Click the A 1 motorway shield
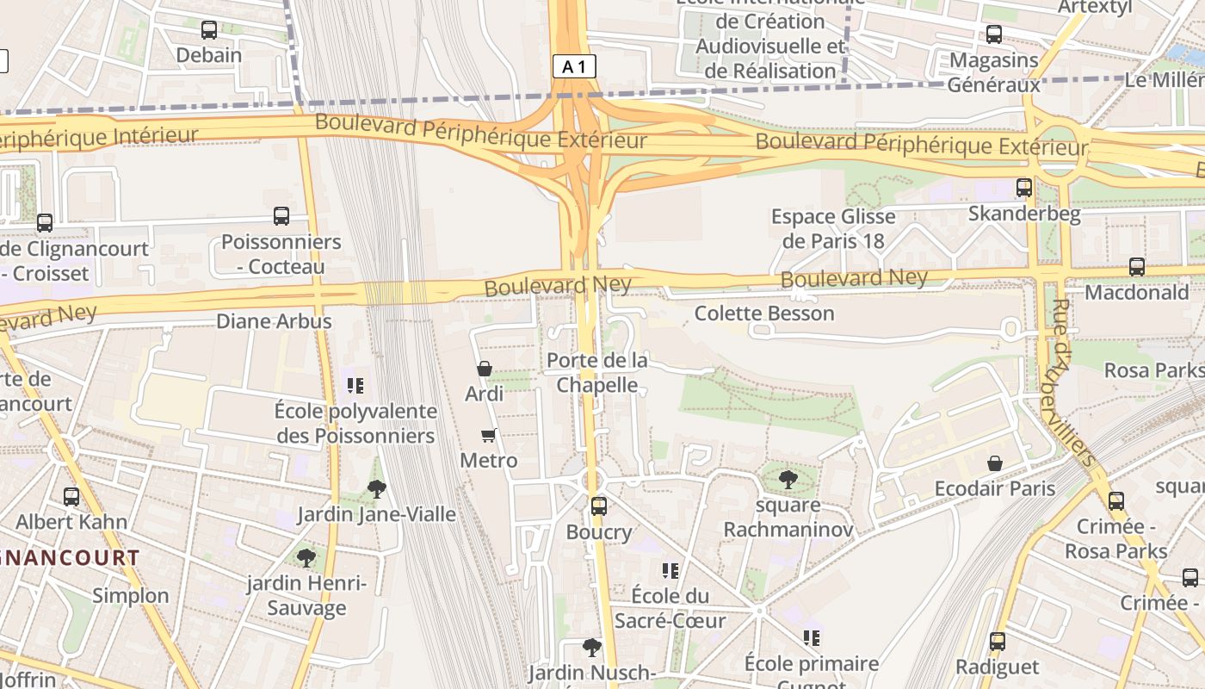[574, 66]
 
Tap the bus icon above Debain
[209, 30]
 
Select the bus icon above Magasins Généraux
[994, 34]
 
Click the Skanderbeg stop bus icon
[1024, 187]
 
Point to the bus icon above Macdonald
[1137, 267]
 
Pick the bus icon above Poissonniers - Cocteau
[281, 216]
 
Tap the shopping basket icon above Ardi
[485, 369]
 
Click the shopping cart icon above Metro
[489, 435]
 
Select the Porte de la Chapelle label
[597, 372]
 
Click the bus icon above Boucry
[599, 506]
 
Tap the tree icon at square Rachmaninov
[788, 479]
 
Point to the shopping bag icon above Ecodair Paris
[995, 463]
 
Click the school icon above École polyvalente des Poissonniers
[355, 385]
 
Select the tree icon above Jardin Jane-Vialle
[376, 489]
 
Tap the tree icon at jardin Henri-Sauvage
[306, 558]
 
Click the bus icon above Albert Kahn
[71, 496]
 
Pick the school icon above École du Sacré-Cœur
[670, 570]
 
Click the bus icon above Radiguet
[998, 641]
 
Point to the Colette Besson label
[764, 313]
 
